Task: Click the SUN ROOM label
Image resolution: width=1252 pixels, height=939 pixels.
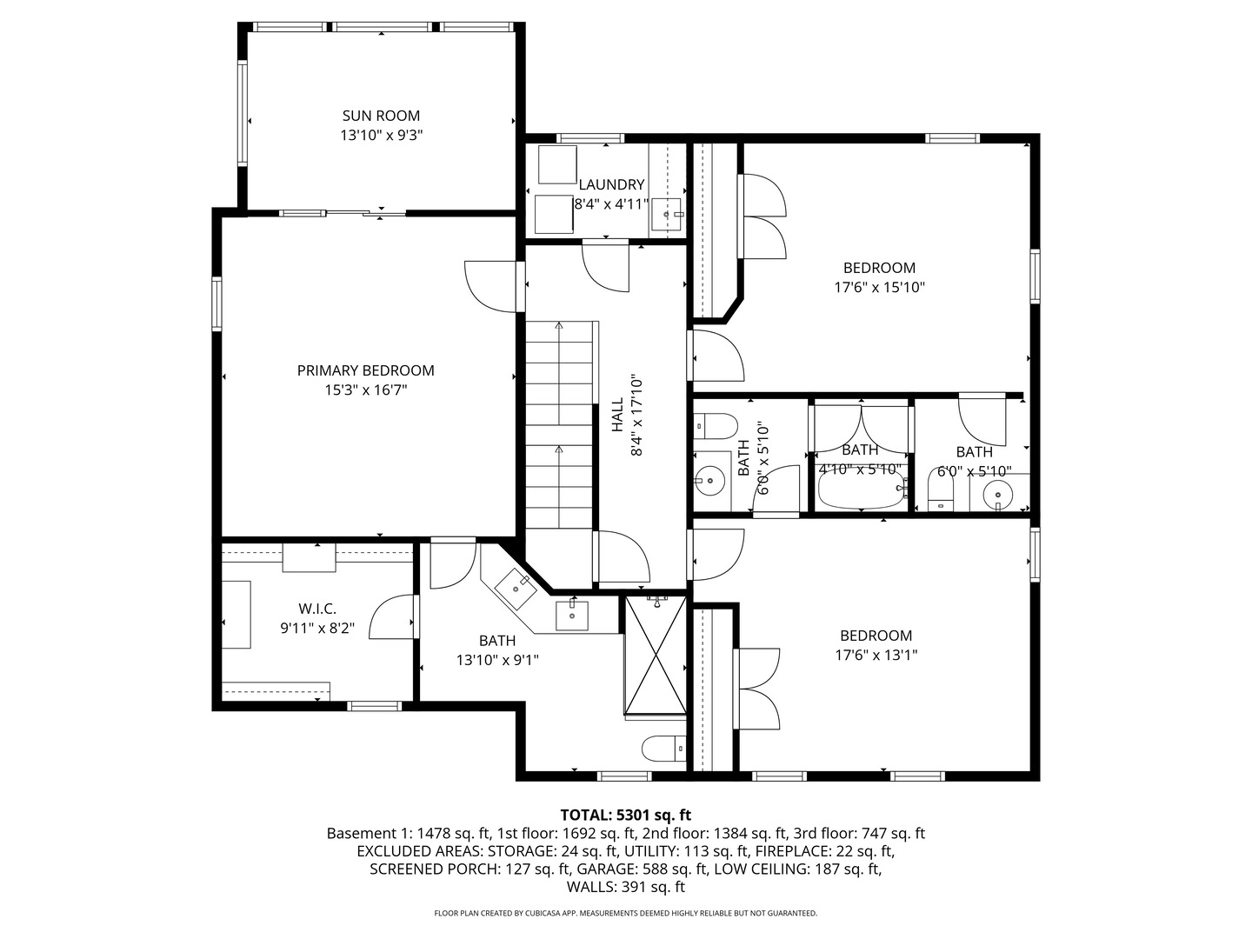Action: pos(381,116)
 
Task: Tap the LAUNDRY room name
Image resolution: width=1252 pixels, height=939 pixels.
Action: pos(611,184)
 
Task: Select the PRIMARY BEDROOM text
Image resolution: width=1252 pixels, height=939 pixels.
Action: pos(365,370)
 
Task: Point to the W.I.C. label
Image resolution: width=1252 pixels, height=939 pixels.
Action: pos(317,609)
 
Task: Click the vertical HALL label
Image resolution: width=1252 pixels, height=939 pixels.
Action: pos(617,415)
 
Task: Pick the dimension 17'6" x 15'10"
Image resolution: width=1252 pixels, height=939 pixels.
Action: pos(879,288)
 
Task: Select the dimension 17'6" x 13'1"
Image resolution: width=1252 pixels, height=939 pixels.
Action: pos(876,656)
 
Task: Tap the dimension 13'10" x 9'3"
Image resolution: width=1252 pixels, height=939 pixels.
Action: pos(381,136)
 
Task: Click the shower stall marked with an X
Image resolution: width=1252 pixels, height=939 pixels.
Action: pos(656,657)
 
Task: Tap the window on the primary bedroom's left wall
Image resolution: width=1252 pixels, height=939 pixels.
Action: pos(216,303)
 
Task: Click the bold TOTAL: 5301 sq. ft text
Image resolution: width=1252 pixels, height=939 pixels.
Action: pos(625,815)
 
